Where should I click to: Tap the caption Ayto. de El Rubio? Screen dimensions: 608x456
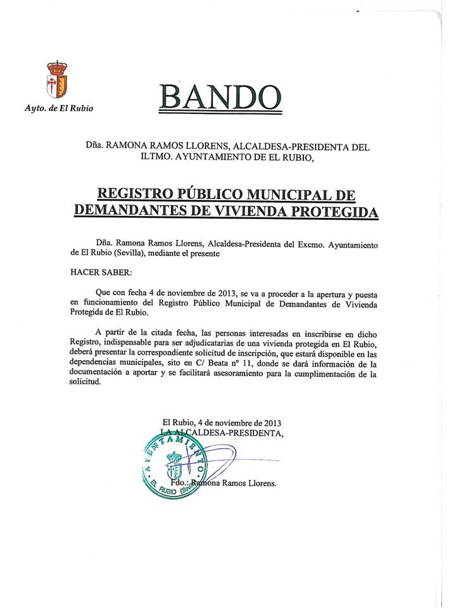(x=59, y=108)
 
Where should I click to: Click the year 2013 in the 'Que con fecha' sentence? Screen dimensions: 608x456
(x=226, y=294)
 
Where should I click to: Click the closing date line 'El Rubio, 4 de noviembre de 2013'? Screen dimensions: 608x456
(x=222, y=422)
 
